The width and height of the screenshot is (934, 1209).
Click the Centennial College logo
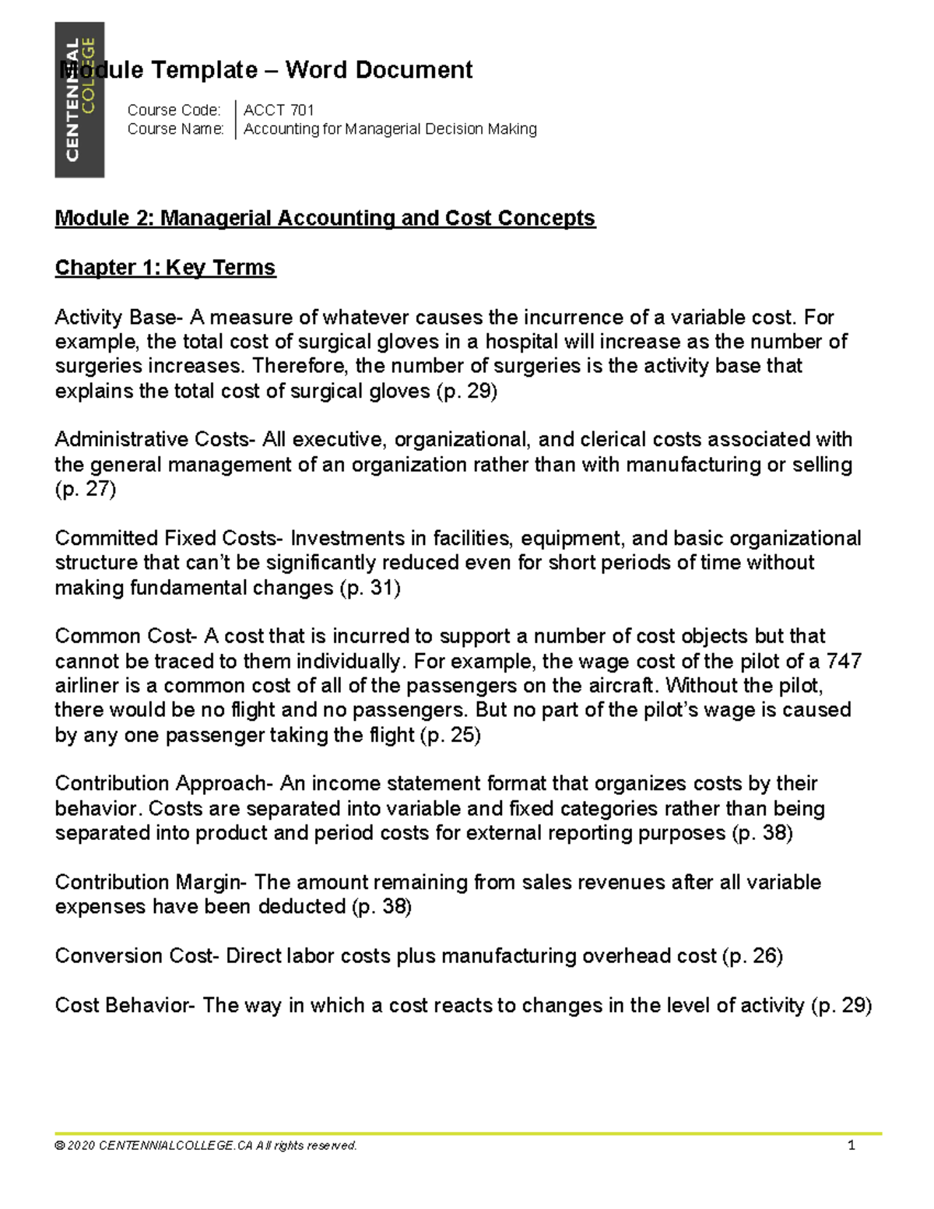point(79,100)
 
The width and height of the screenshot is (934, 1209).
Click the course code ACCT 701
point(279,111)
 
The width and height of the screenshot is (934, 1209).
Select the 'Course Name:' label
point(175,129)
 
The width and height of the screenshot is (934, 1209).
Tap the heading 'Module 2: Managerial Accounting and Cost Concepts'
point(325,218)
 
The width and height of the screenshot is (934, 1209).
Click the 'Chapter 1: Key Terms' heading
point(165,268)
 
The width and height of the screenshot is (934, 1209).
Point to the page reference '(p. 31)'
point(370,588)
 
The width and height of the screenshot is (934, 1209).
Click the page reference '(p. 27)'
point(85,490)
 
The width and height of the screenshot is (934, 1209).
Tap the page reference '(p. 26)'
point(752,956)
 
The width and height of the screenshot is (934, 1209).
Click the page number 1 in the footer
point(851,1145)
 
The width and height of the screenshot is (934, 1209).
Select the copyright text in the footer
point(205,1146)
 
